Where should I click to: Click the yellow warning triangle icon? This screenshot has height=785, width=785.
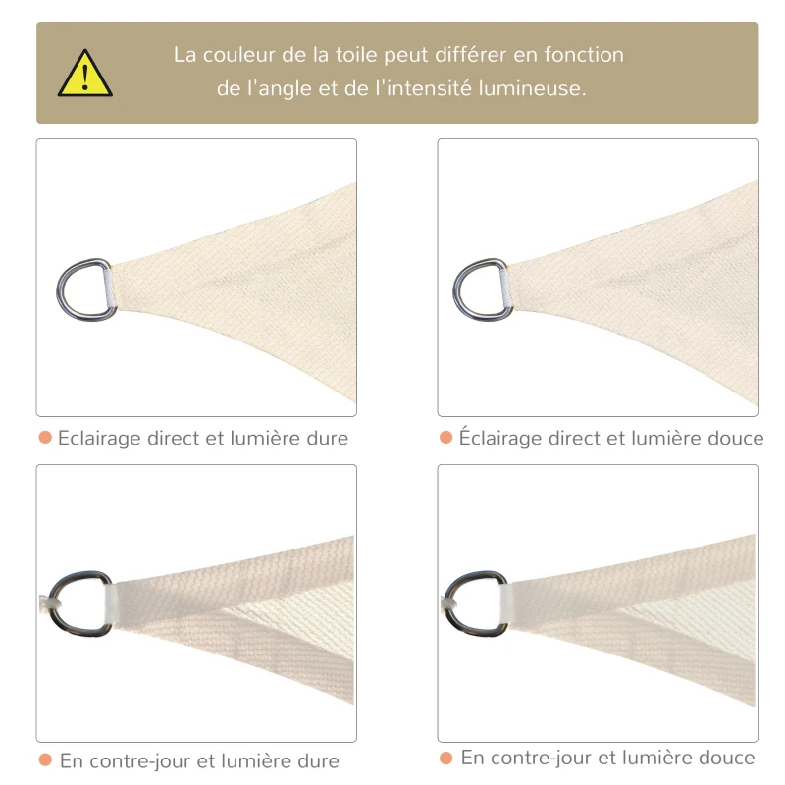85,75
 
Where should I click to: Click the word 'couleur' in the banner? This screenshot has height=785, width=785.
239,55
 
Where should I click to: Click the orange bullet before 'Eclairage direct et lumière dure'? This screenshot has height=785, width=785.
45,437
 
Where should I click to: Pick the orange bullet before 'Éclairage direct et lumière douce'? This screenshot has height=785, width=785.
445,437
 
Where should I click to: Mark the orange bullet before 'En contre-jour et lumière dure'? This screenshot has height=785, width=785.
45,759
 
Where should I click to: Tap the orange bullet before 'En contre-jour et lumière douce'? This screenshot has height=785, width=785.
445,758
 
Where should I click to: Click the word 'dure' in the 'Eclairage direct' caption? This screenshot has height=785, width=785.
328,438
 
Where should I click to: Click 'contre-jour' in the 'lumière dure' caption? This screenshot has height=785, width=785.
139,761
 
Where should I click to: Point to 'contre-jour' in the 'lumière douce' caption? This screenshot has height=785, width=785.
541,759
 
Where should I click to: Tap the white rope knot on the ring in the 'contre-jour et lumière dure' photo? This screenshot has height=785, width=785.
50,602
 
